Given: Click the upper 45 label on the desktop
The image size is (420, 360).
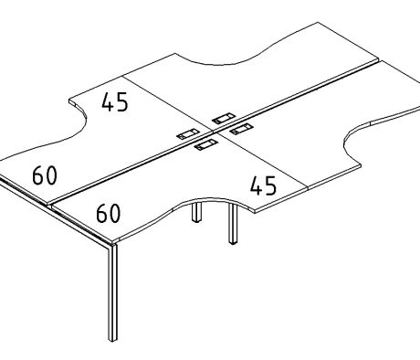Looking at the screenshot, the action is point(115,102).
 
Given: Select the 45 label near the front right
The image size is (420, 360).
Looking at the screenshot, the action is point(264,185).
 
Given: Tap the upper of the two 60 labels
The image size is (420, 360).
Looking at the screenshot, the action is point(45,175).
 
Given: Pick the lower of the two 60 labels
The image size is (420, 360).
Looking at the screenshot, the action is point(109,213).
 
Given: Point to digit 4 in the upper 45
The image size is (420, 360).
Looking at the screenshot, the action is point(108,102).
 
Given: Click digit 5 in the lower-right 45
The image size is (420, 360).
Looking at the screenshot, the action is point(271,185).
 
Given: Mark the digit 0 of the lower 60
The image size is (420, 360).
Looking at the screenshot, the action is point(115,213).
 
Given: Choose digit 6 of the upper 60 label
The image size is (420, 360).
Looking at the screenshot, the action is point(38,175).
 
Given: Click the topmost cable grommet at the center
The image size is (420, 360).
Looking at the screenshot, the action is point(224,119).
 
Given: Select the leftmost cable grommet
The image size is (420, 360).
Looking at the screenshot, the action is point(189,134).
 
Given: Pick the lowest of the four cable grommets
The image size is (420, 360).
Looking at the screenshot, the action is point(206,144).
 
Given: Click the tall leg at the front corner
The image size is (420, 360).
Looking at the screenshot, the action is point(113,291).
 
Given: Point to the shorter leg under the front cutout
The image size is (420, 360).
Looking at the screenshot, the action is point(197,212).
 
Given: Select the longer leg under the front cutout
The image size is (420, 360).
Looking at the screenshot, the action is point(233,224).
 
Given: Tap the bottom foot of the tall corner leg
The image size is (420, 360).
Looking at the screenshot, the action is point(112,339).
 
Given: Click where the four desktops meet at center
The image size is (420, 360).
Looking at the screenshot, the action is point(212,132).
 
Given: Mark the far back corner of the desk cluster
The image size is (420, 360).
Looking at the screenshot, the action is point(318,22).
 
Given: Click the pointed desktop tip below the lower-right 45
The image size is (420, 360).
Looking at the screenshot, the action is point(255,211).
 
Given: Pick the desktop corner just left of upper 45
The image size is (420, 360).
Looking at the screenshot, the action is point(69,101).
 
